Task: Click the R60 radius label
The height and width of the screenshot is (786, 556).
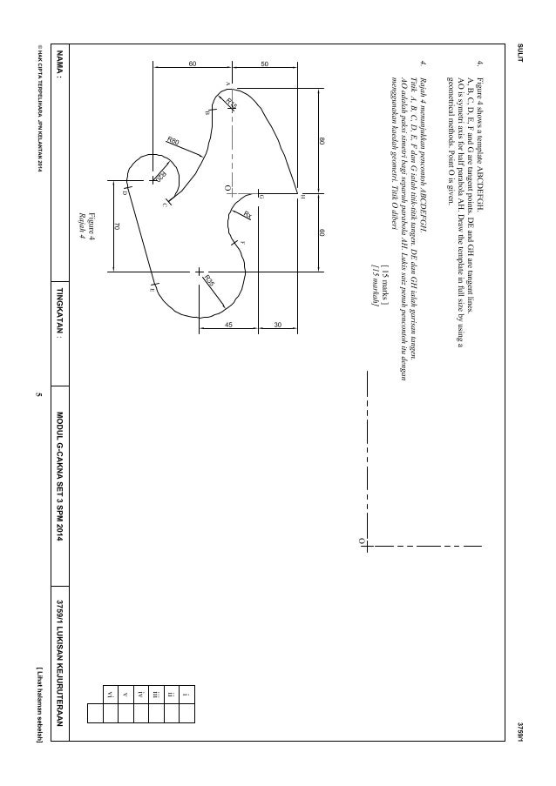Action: coord(172,139)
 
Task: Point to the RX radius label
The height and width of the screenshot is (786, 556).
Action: coord(247,215)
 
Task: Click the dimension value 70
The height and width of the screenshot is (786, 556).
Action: coord(116,226)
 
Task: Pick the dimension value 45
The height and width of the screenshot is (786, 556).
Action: coord(229,325)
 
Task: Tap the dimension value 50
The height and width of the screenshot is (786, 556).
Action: coord(265,64)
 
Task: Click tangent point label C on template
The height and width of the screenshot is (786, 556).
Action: coord(164,205)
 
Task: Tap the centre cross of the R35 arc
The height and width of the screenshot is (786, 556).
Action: coord(198,271)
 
